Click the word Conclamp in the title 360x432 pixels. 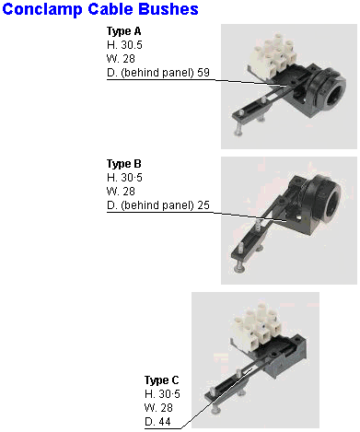(x=42, y=9)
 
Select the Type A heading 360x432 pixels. (x=123, y=31)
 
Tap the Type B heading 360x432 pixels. (x=123, y=164)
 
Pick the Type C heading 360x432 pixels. (x=161, y=380)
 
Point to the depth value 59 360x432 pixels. (x=203, y=73)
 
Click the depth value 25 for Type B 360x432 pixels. (x=203, y=205)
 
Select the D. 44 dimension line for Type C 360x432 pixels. (x=157, y=422)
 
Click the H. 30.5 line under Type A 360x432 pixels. (x=124, y=45)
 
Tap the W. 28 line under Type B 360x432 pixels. (x=121, y=192)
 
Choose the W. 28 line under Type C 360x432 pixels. (x=158, y=408)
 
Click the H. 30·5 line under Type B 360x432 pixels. (x=124, y=178)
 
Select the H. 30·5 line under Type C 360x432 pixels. (x=162, y=394)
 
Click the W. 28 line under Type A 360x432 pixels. (x=121, y=59)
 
